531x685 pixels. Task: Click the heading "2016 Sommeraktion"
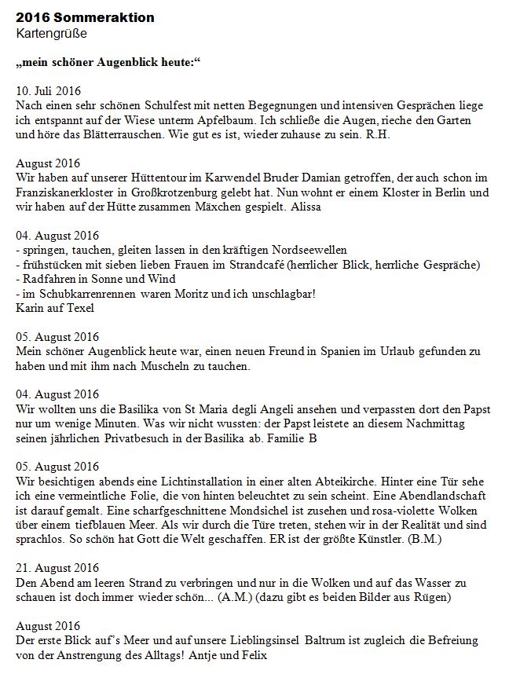[x=85, y=17]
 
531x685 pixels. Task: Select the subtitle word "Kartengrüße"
[x=51, y=33]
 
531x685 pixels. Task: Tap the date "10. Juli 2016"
[x=49, y=90]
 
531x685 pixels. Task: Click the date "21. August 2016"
[x=57, y=568]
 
